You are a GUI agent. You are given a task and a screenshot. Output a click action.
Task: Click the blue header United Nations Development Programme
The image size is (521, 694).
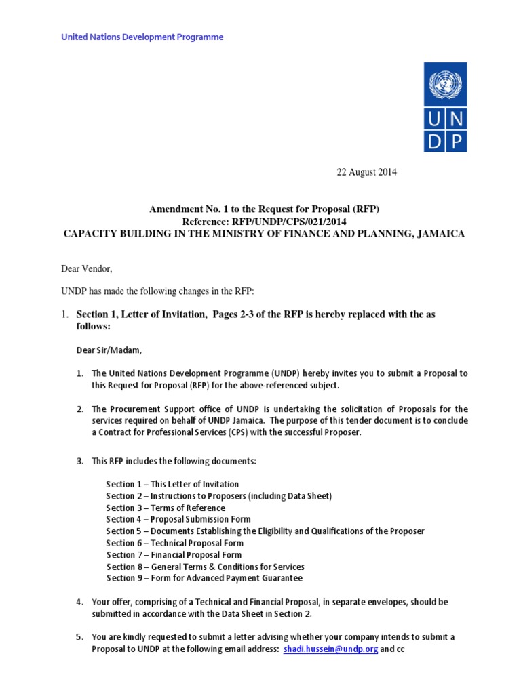(x=142, y=37)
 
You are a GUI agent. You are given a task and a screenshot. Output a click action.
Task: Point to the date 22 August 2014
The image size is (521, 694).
(x=366, y=172)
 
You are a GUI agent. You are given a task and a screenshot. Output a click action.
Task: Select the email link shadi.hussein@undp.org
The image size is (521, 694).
(x=330, y=649)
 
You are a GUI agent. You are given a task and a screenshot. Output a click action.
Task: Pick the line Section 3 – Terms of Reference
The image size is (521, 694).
(x=166, y=508)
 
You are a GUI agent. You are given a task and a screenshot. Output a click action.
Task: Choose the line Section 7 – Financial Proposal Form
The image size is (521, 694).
(x=174, y=555)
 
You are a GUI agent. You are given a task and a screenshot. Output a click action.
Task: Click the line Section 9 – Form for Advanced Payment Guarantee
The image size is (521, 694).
(x=204, y=578)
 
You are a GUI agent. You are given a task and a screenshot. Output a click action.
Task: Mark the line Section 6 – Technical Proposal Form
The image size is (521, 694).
(x=174, y=543)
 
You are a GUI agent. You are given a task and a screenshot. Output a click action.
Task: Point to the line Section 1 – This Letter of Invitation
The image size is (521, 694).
(x=172, y=484)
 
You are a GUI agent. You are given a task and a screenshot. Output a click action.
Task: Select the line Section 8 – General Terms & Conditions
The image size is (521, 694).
(x=205, y=567)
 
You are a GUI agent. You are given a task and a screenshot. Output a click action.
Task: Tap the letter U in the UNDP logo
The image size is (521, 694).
(x=435, y=119)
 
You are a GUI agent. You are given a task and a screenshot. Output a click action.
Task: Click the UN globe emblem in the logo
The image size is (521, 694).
(x=445, y=85)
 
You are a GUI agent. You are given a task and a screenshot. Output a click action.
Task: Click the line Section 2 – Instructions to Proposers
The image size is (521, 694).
(x=218, y=496)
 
